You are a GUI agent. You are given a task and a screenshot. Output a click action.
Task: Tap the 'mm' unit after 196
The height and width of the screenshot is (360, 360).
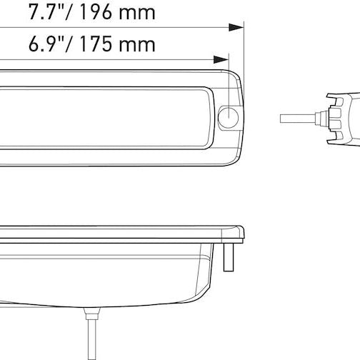(156, 14)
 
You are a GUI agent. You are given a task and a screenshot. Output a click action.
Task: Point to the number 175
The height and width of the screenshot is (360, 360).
(106, 45)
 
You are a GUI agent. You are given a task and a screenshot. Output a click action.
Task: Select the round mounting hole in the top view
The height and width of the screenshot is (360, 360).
(229, 117)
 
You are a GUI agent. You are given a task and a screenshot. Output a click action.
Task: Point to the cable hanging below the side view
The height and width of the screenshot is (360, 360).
(89, 336)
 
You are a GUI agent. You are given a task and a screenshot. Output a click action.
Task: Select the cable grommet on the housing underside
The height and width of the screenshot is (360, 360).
(89, 314)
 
